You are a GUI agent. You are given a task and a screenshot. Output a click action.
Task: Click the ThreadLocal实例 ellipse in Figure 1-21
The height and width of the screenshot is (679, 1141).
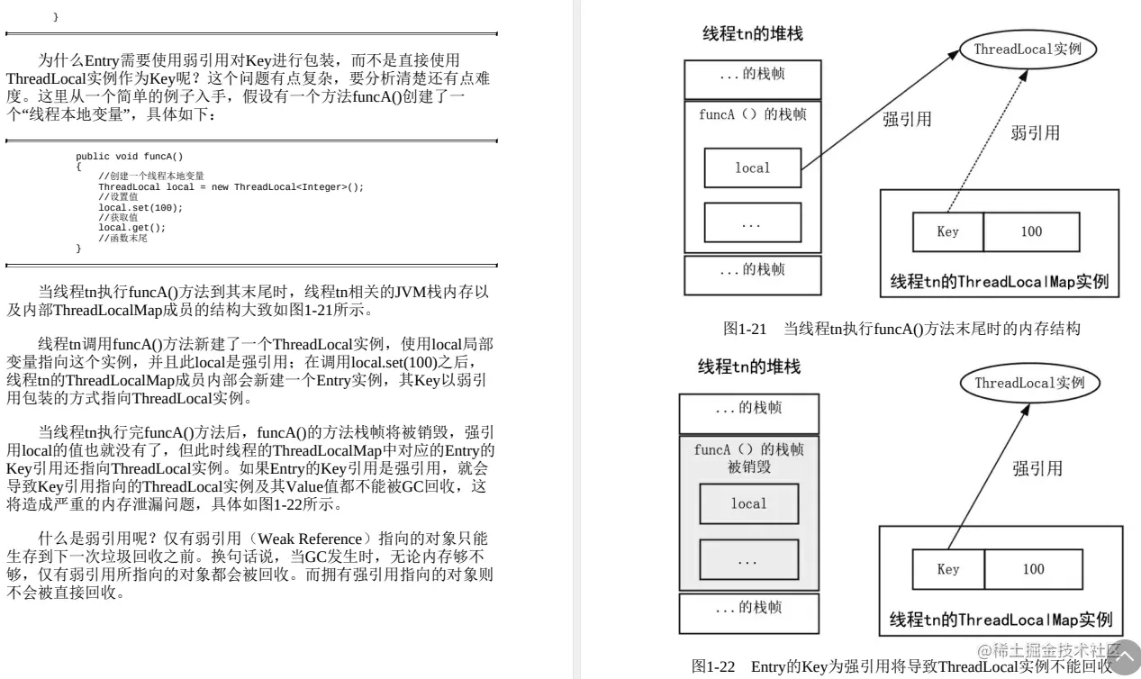(x=1026, y=50)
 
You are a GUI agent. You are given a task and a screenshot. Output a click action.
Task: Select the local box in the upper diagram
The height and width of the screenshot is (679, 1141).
(x=752, y=167)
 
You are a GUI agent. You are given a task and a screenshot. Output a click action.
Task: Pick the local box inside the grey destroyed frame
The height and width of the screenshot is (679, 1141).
(x=748, y=504)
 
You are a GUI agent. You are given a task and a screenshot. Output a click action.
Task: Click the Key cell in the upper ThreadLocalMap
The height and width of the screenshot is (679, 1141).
(x=947, y=231)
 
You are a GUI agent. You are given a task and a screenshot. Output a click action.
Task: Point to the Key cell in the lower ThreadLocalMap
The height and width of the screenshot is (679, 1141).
(x=948, y=569)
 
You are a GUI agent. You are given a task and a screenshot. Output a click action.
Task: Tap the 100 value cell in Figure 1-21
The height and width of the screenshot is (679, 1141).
(x=1031, y=231)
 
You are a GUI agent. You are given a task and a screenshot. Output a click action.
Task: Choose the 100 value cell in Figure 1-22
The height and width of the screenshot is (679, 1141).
(x=1033, y=569)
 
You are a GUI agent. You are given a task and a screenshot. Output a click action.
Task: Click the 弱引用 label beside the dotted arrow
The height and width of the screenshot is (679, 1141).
(x=1035, y=133)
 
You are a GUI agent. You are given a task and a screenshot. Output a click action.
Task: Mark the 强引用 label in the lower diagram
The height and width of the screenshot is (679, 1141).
(x=1037, y=468)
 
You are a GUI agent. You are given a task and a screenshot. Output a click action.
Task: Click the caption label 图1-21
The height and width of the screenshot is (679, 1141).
(x=743, y=330)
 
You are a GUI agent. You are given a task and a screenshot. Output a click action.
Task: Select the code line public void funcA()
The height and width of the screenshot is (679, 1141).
(x=129, y=157)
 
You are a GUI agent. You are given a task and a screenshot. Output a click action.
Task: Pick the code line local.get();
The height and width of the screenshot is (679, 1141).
(x=131, y=228)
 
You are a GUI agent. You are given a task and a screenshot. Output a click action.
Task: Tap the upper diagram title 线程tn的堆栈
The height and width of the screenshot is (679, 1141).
(x=752, y=34)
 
